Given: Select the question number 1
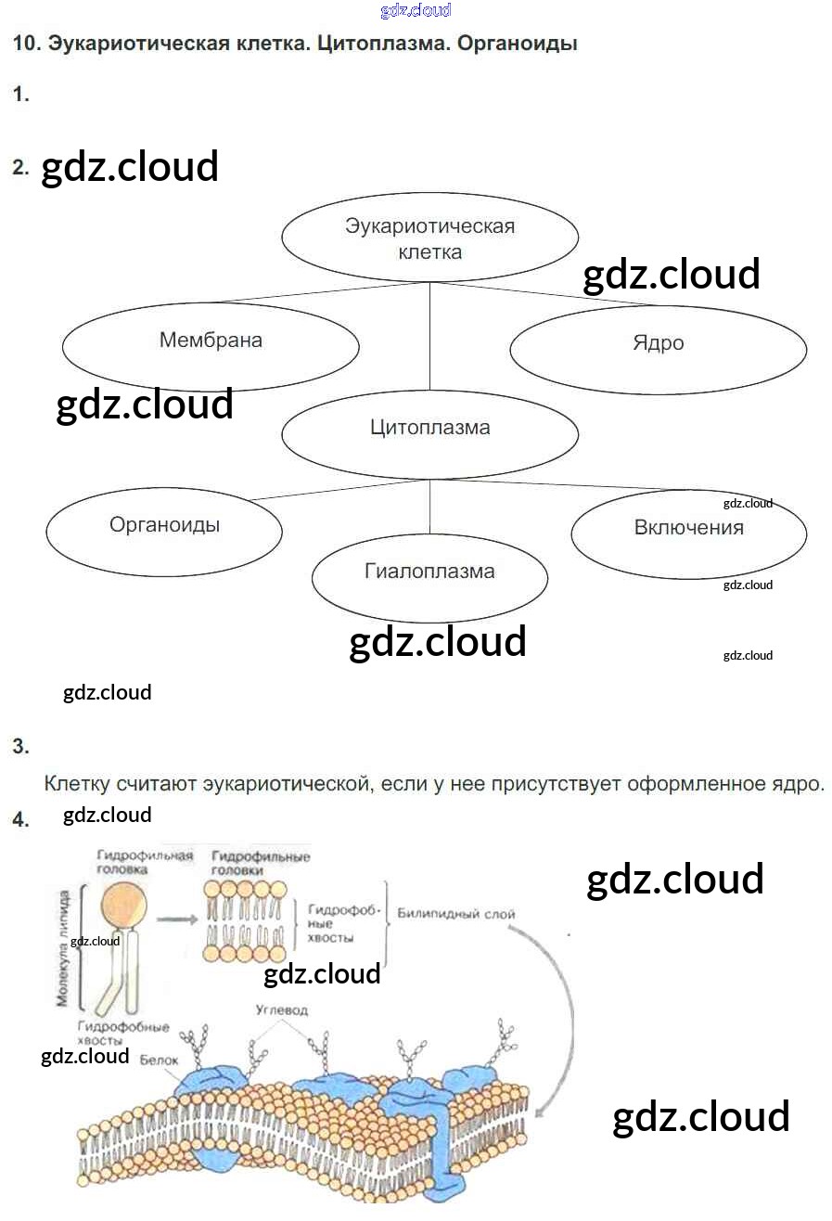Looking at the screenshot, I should click(20, 94).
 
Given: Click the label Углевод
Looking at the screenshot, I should click(281, 1009).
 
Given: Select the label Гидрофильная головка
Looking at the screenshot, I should click(145, 862).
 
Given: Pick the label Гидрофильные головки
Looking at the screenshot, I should click(260, 863).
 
